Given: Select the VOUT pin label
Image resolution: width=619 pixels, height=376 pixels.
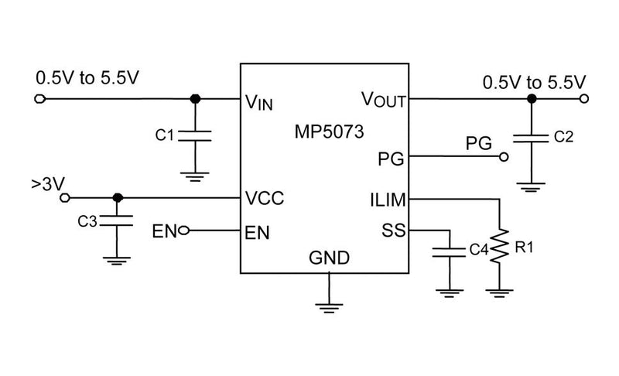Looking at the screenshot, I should (384, 100).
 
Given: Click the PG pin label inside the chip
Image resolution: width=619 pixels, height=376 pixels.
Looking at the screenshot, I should (390, 159).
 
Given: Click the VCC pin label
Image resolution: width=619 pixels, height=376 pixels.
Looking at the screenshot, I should (263, 197).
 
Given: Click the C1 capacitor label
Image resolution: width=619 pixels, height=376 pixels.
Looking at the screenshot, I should (164, 135).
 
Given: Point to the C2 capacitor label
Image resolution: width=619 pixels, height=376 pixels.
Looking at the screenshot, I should (564, 137).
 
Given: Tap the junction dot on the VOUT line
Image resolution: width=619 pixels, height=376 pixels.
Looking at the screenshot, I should (531, 99).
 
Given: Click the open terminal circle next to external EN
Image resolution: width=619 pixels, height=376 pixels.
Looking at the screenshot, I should (183, 231).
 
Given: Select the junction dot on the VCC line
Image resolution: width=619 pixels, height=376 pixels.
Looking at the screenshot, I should (117, 197).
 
